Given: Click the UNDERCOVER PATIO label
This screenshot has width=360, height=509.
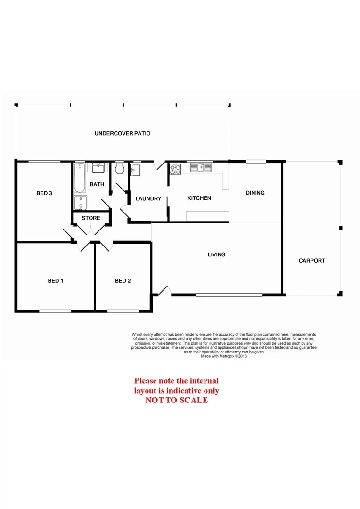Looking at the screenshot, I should (123, 133).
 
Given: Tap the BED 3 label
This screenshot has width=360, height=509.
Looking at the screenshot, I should (44, 193).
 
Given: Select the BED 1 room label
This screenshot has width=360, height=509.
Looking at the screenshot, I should (56, 281).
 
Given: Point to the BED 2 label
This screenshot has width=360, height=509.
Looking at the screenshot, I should (123, 281).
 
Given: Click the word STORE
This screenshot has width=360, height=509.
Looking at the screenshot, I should (91, 218).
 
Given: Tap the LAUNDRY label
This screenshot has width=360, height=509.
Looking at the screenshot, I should (148, 199).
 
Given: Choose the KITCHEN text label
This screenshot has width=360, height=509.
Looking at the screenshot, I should (199, 198).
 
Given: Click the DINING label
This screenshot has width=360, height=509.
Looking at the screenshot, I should (255, 192).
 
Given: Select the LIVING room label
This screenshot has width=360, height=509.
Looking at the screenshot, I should (217, 254).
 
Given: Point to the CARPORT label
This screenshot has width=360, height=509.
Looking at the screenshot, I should (312, 260).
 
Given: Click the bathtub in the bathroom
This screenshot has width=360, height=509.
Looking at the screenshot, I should (80, 178).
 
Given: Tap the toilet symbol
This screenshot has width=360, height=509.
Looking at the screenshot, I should (119, 168).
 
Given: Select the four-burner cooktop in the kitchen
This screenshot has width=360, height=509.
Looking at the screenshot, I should (176, 168).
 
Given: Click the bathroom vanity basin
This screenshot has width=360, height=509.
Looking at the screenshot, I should (98, 168).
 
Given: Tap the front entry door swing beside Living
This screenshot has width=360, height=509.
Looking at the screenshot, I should (164, 291).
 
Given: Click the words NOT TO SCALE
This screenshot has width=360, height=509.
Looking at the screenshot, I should (177, 400).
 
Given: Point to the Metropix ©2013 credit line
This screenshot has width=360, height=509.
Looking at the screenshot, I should (224, 356).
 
